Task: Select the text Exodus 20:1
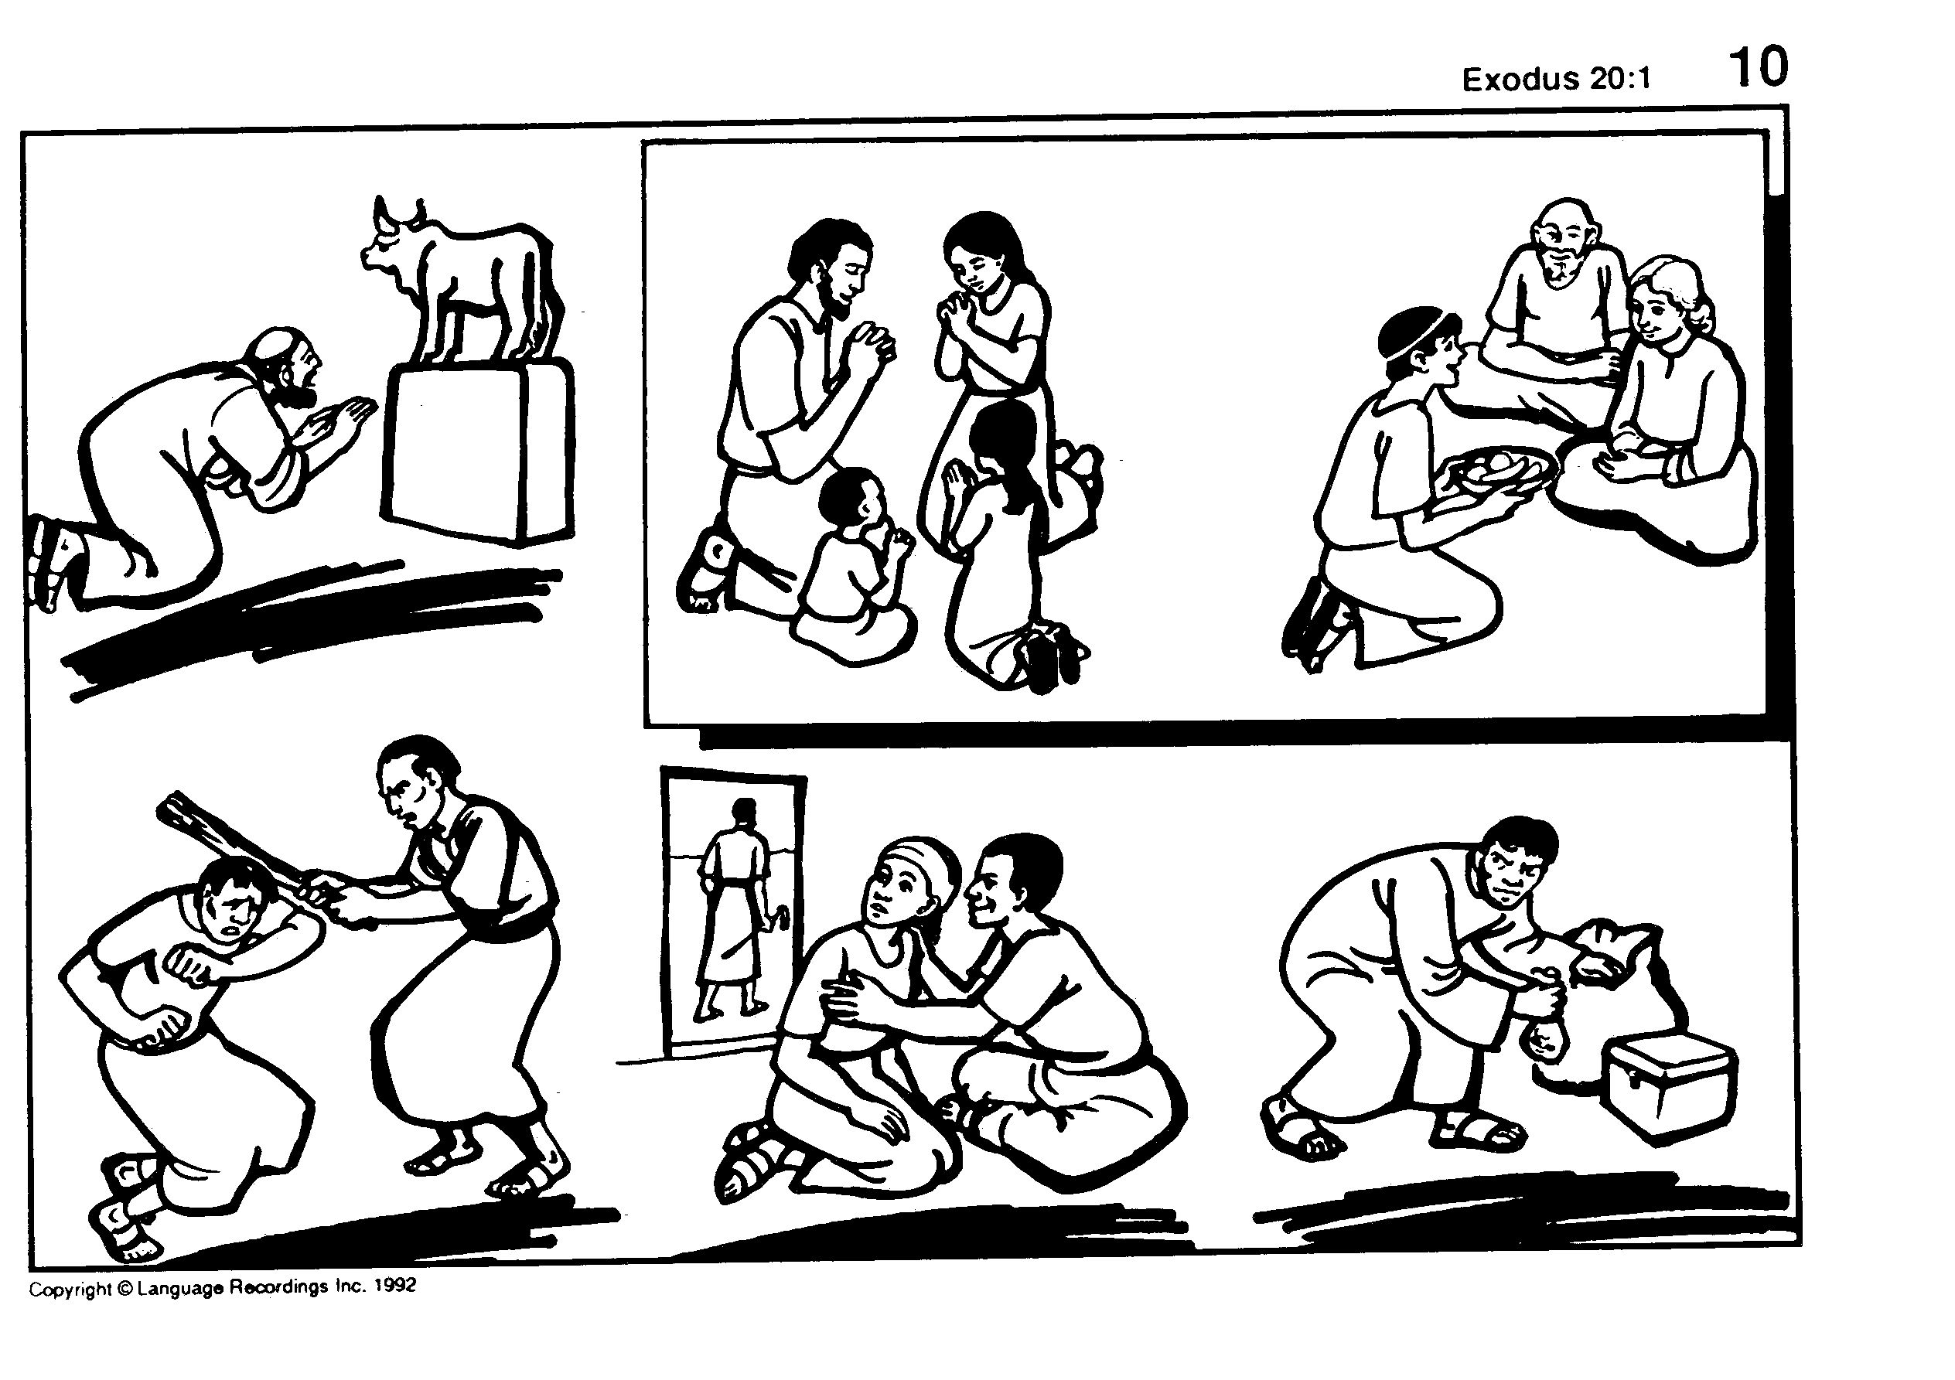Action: click(1556, 79)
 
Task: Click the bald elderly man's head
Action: click(1565, 243)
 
